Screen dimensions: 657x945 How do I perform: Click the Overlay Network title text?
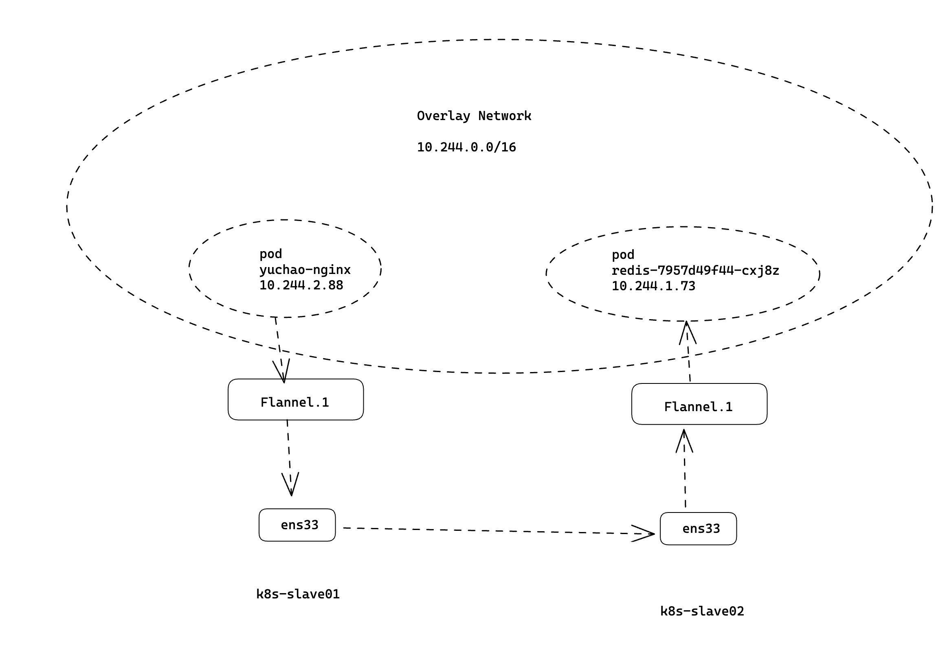(474, 116)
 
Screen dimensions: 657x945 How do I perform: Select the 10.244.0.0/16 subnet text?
(466, 147)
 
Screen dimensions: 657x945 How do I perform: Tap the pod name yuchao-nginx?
(305, 270)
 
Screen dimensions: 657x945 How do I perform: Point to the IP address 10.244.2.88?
(301, 285)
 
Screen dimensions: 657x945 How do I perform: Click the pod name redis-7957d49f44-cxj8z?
(695, 271)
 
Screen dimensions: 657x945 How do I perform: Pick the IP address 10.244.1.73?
(653, 286)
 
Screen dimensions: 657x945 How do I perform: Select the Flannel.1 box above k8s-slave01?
(296, 399)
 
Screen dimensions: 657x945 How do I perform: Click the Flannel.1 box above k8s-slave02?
(699, 404)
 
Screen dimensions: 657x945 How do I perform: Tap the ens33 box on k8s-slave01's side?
(297, 525)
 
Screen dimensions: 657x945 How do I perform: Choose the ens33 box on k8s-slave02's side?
(698, 529)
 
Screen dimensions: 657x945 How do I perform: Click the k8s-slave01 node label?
(298, 594)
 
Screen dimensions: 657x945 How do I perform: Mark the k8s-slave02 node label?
(702, 611)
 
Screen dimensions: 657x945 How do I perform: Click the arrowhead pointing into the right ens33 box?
(645, 534)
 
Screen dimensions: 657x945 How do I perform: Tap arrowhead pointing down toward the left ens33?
(291, 486)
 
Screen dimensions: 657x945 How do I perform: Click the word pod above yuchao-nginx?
(270, 254)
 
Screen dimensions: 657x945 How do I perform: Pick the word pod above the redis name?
(623, 255)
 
